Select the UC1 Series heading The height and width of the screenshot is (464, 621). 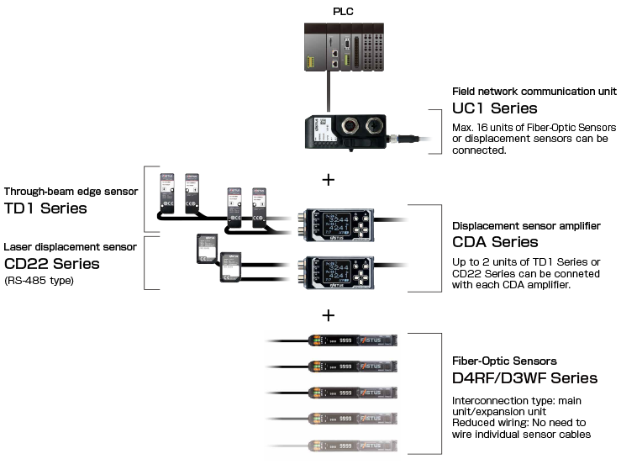coord(494,108)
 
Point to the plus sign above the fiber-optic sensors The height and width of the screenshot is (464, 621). coord(329,316)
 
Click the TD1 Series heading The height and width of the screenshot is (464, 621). coord(45,208)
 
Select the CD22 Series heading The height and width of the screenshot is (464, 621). coord(51,264)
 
